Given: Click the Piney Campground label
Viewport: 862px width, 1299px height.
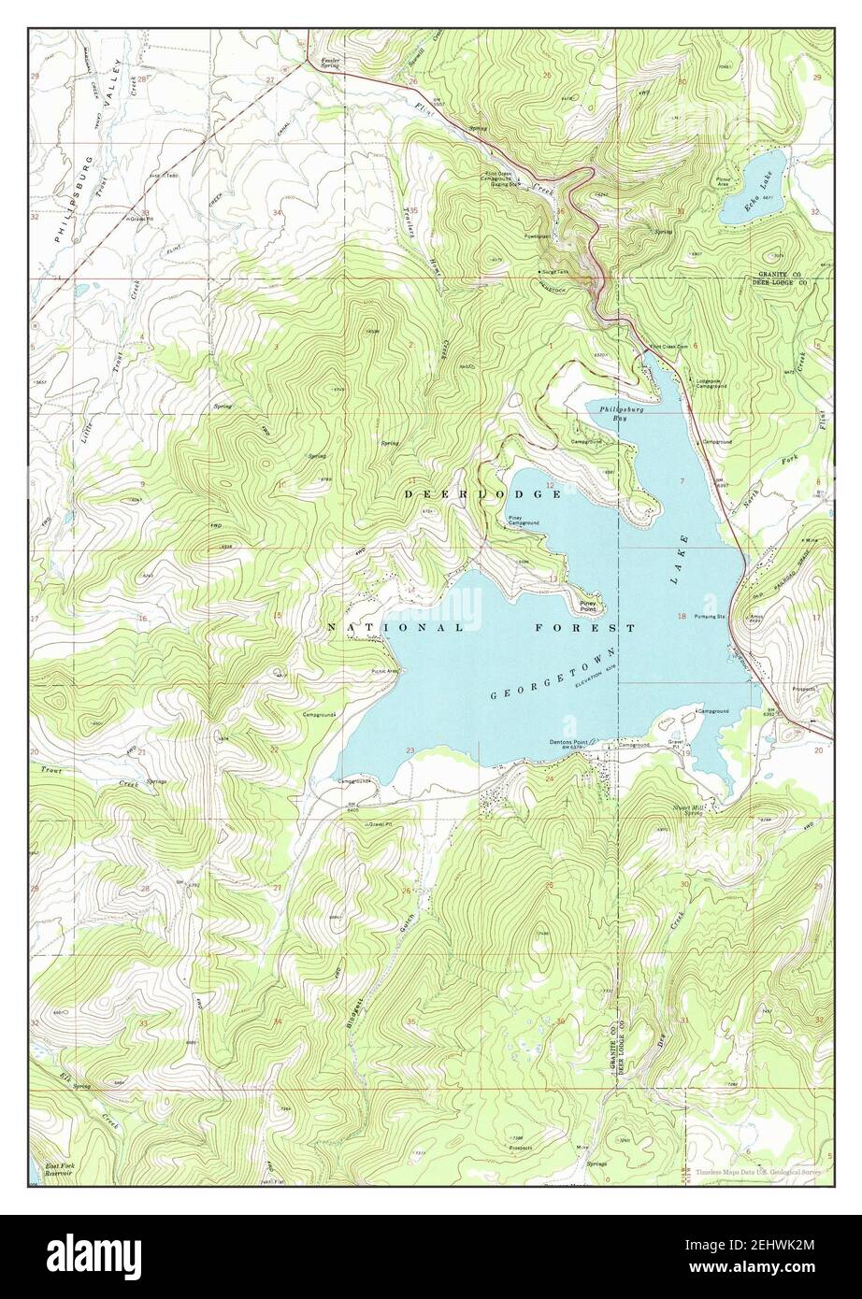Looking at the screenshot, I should click(523, 521).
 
